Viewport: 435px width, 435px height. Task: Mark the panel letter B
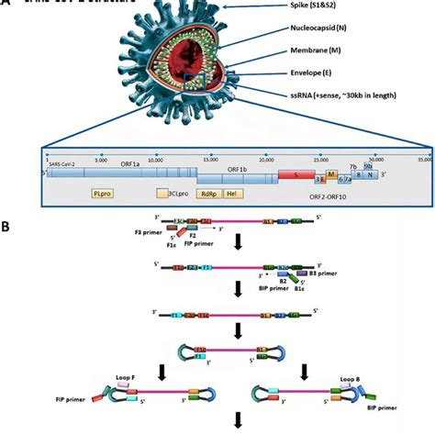pyautogui.click(x=7, y=225)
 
